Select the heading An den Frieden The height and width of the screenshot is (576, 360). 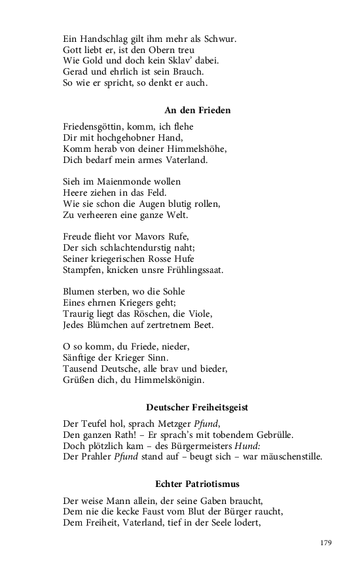[197, 111]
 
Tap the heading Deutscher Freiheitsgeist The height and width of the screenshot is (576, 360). [197, 407]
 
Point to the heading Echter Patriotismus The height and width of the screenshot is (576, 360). [197, 484]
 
